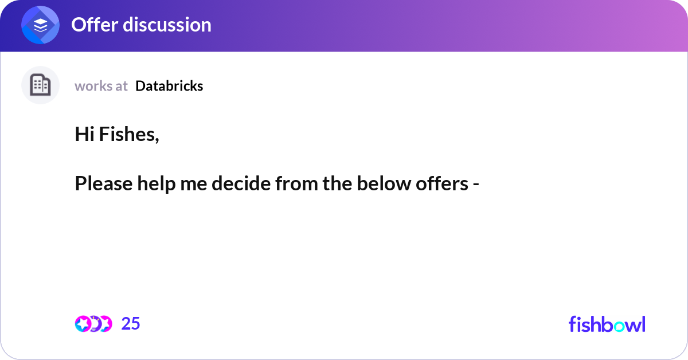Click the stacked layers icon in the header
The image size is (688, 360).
click(x=40, y=25)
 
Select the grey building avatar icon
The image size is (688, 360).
click(x=40, y=85)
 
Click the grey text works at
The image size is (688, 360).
click(x=101, y=86)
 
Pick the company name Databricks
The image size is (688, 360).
click(x=169, y=86)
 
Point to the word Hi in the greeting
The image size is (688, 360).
click(x=84, y=135)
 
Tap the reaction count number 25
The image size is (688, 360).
click(x=131, y=324)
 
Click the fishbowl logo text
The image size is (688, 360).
click(x=607, y=324)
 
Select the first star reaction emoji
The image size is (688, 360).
click(x=83, y=324)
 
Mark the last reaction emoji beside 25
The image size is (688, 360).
click(x=106, y=324)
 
